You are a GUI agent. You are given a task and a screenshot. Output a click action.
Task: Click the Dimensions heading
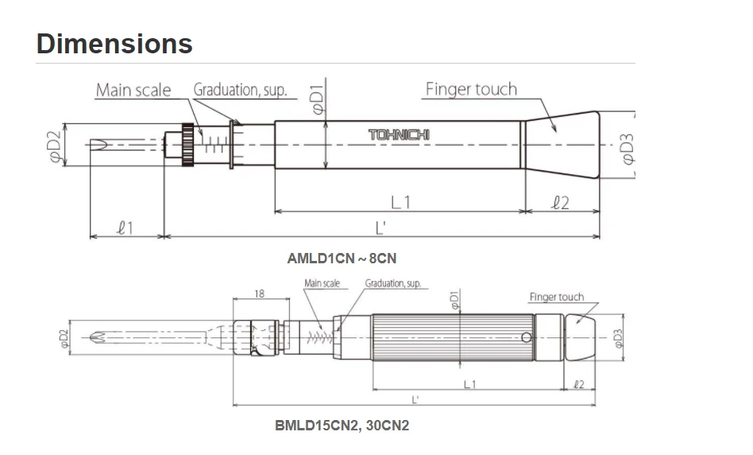coord(114,43)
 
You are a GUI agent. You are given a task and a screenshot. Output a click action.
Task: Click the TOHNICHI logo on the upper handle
coord(399,135)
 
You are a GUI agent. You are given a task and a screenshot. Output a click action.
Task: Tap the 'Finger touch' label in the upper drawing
coord(471,89)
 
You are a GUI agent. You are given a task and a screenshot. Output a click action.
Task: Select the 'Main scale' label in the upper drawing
coord(133,90)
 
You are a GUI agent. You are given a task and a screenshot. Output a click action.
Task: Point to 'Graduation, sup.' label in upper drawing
coord(240,90)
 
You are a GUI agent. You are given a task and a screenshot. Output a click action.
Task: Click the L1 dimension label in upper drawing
coord(402,202)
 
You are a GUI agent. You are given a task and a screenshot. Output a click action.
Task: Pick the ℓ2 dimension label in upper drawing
coord(560,203)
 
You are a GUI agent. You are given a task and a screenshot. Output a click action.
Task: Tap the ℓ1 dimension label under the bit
coord(125,228)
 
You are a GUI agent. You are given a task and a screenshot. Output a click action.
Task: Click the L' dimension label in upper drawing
coord(380,228)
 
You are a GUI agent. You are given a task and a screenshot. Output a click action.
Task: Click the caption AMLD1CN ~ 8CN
coord(342,259)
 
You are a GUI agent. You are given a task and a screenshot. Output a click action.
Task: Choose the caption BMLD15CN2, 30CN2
coord(342,426)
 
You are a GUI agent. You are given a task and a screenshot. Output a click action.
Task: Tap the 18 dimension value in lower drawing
coord(259,294)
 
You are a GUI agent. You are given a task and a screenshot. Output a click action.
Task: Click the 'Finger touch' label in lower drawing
coord(556,297)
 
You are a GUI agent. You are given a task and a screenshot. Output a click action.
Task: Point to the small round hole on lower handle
coord(526,337)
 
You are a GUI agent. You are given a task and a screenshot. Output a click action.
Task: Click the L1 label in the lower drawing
coord(470,384)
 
